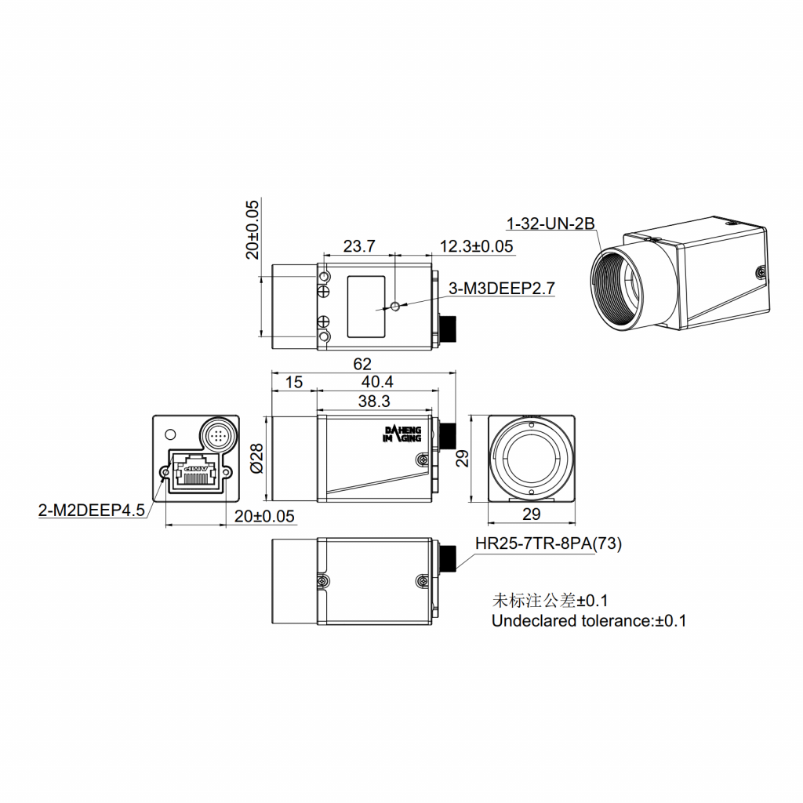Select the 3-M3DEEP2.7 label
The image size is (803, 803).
click(501, 289)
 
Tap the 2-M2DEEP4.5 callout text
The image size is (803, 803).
click(92, 511)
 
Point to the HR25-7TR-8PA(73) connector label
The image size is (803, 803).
click(548, 544)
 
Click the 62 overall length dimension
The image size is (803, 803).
click(362, 364)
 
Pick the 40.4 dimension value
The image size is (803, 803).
click(376, 382)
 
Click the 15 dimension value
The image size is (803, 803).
click(293, 382)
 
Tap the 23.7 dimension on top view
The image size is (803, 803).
click(359, 246)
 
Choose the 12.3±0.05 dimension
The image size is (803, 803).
click(476, 246)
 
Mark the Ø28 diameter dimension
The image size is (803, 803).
click(254, 459)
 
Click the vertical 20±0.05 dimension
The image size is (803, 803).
click(252, 229)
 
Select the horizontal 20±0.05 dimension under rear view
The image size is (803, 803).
click(264, 516)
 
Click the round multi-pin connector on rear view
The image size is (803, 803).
click(216, 433)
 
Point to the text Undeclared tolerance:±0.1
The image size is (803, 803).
click(588, 621)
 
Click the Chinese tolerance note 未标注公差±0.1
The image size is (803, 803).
click(550, 601)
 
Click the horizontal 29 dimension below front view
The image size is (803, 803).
click(531, 514)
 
